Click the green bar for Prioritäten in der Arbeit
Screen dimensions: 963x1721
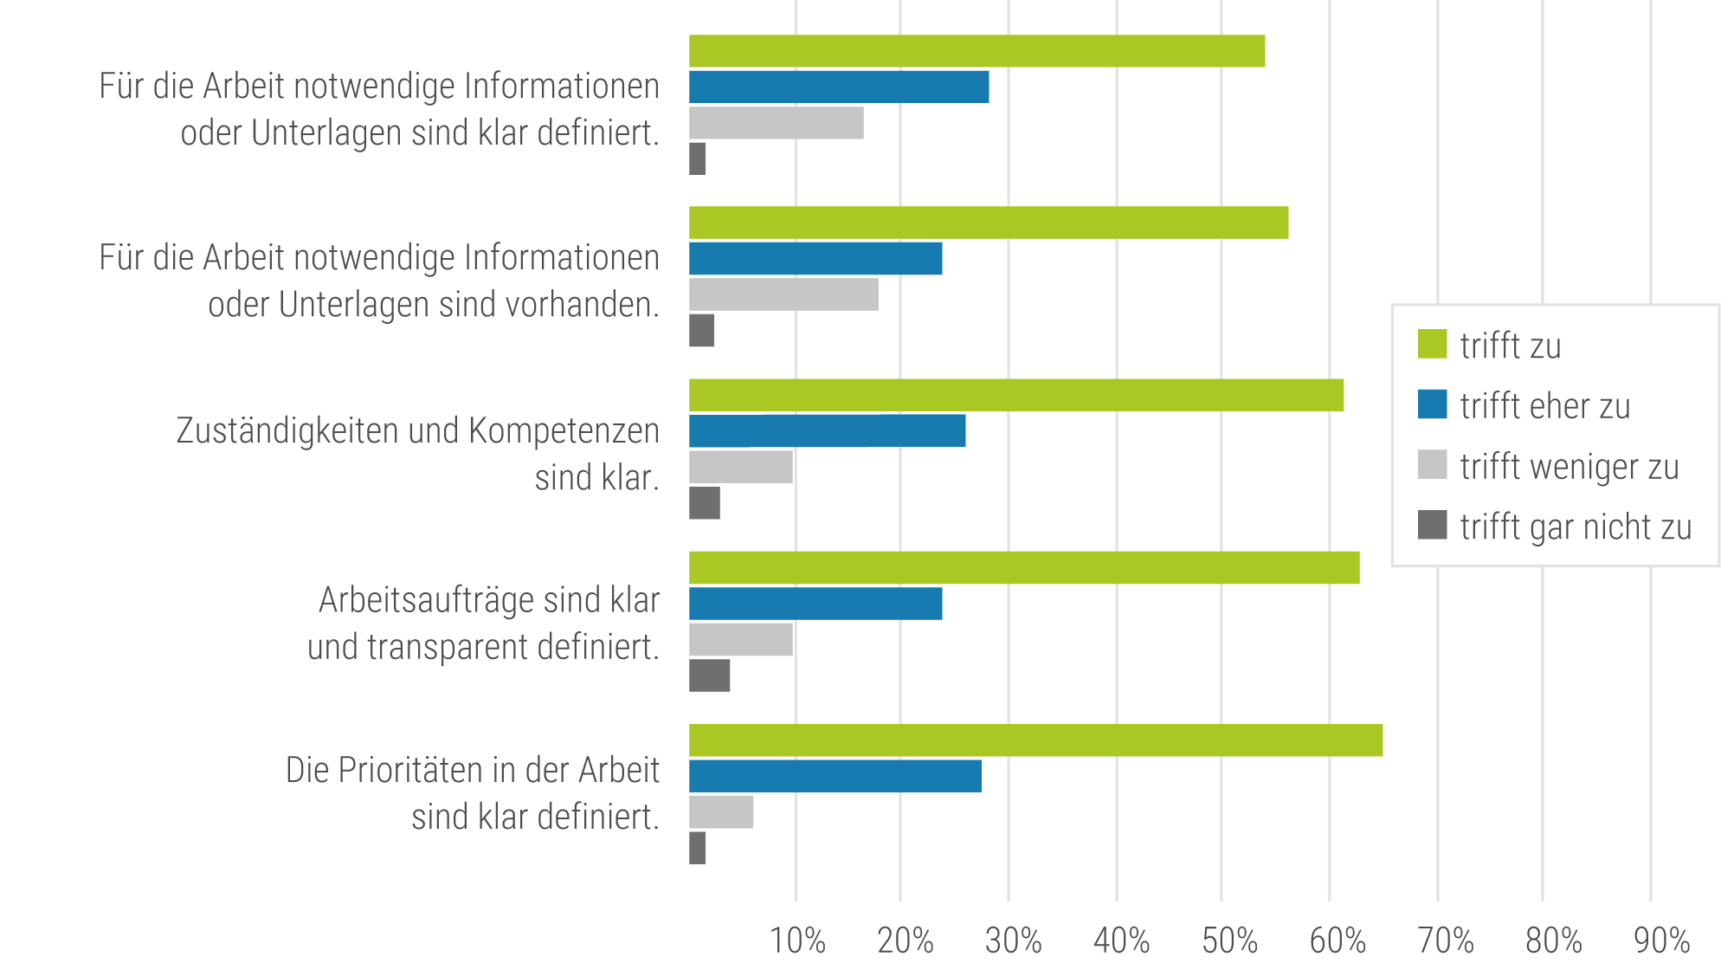pos(1035,740)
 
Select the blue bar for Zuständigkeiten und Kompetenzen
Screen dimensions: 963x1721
pos(827,430)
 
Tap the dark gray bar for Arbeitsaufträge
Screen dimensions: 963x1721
pos(709,675)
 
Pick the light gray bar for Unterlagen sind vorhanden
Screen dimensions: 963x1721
pos(783,294)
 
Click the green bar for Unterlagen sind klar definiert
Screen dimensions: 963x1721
pos(977,51)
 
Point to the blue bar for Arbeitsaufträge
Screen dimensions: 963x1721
pos(815,604)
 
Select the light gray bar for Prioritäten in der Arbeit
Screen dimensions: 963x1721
pos(721,812)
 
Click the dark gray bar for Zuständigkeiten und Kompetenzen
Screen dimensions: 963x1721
pos(704,503)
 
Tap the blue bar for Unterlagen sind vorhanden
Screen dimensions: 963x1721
pos(815,259)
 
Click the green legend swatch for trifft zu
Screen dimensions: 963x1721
pos(1432,344)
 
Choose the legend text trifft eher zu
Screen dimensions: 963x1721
pos(1544,406)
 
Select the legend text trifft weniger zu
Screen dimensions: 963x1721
pos(1569,467)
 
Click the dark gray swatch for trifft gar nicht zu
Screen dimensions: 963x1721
pos(1432,525)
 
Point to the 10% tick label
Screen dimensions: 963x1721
pos(797,940)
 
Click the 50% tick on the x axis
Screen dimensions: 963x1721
pos(1229,940)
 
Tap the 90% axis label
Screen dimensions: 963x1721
pos(1661,940)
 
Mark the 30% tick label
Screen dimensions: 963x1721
pos(1013,940)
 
